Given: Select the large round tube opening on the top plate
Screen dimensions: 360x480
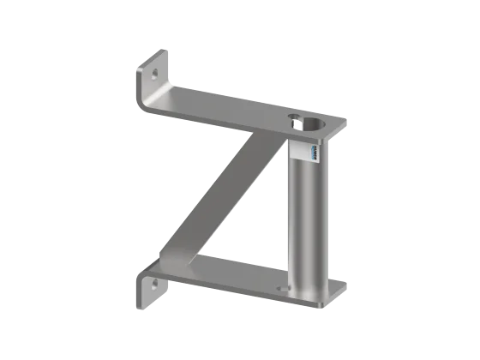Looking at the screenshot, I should [314, 124].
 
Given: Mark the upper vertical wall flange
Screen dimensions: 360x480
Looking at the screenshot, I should [150, 81].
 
